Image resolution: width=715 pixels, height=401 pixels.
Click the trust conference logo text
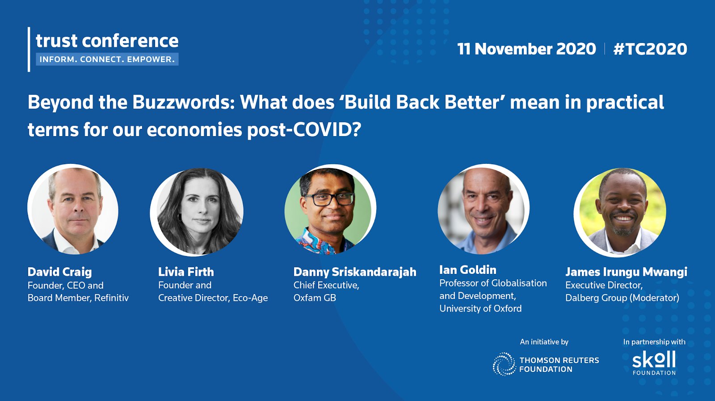coord(107,41)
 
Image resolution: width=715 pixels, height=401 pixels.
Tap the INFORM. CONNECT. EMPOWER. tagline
coord(107,60)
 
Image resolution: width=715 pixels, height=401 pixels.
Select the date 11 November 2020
coord(527,49)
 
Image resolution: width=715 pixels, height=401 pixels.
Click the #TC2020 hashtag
coord(650,49)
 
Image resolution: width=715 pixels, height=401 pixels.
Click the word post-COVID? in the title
coord(304,130)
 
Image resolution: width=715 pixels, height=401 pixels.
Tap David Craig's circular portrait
coord(73,210)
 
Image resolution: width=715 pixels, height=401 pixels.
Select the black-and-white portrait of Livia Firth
coord(197,211)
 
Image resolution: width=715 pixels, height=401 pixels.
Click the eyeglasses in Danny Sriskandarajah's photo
coord(329,199)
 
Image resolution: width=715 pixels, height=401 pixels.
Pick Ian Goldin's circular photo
coord(484,210)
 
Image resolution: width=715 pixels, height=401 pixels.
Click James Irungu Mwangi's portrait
coord(620,212)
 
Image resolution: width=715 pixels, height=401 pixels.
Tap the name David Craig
coord(60,272)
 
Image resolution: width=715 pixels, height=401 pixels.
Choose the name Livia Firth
coord(186,272)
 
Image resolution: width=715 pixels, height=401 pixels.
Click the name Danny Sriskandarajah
coord(355,272)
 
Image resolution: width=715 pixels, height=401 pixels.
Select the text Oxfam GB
coord(315,298)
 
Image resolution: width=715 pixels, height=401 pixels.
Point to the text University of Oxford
coord(480,308)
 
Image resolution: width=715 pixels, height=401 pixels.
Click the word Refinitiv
coord(111,298)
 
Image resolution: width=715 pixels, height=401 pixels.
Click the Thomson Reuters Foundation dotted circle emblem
coord(505,364)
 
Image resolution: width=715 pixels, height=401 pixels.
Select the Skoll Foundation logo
coord(654,363)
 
